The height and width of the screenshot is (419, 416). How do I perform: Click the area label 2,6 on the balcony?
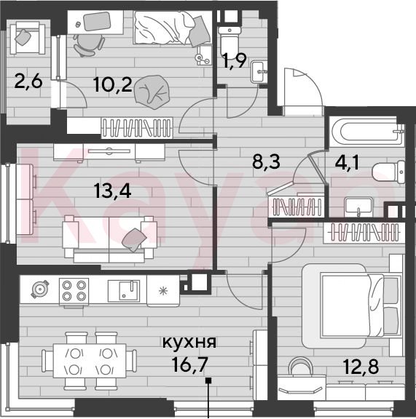[x=28, y=81]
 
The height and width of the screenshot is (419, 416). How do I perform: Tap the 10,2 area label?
[x=113, y=84]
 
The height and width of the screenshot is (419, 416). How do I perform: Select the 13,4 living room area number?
[x=113, y=191]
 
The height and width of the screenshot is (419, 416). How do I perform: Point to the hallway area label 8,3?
[x=266, y=161]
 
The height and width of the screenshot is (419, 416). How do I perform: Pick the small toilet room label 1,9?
[x=235, y=61]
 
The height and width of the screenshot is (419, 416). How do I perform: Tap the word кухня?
[x=189, y=343]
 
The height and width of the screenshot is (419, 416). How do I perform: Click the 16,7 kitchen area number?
[x=190, y=364]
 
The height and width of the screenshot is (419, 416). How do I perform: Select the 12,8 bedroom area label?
[x=361, y=367]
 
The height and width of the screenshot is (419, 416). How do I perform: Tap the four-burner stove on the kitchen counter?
[x=74, y=291]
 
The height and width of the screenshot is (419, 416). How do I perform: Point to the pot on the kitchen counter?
[x=40, y=289]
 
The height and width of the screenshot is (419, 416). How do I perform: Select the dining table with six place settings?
[x=90, y=361]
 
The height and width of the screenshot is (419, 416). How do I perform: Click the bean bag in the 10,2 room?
[x=152, y=92]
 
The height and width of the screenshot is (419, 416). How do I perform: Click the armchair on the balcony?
[x=28, y=38]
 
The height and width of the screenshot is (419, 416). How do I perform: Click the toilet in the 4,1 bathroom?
[x=388, y=172]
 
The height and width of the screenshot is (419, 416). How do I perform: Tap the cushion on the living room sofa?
[x=134, y=240]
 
